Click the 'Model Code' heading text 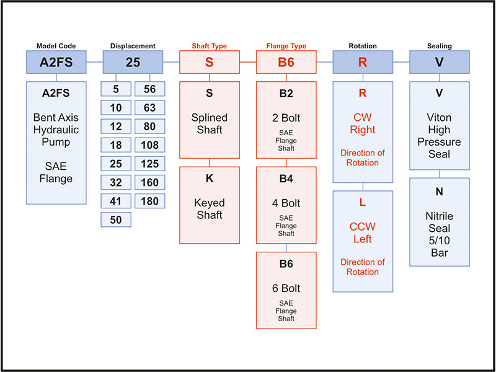pyautogui.click(x=56, y=45)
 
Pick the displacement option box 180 pyautogui.click(x=150, y=201)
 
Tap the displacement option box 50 pyautogui.click(x=116, y=219)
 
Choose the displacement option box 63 pyautogui.click(x=150, y=108)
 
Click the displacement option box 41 pyautogui.click(x=116, y=201)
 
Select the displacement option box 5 pyautogui.click(x=116, y=89)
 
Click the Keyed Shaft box pyautogui.click(x=210, y=205)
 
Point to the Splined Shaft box pyautogui.click(x=210, y=120)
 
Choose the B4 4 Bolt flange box pyautogui.click(x=286, y=205)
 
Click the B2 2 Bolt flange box pyautogui.click(x=286, y=120)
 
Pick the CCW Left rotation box pyautogui.click(x=363, y=241)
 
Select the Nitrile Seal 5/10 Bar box pyautogui.click(x=439, y=221)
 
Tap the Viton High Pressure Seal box pyautogui.click(x=439, y=125)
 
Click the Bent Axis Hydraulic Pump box pyautogui.click(x=56, y=143)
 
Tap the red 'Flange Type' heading pyautogui.click(x=286, y=45)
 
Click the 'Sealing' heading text pyautogui.click(x=439, y=45)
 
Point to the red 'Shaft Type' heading pyautogui.click(x=210, y=45)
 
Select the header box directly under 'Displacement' pyautogui.click(x=133, y=63)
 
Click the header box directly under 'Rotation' pyautogui.click(x=363, y=63)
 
